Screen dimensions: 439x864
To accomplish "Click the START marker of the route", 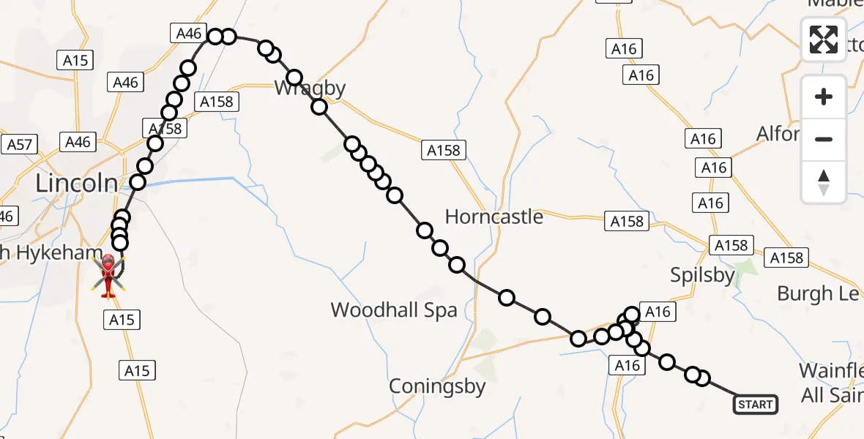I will tap(755, 404).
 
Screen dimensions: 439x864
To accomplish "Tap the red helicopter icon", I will tap(108, 275).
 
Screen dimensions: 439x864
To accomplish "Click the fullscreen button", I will tap(824, 39).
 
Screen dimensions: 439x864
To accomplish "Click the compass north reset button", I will tap(824, 182).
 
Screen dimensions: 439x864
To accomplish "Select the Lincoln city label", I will tap(76, 183).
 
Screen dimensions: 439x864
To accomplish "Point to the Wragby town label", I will tap(310, 89).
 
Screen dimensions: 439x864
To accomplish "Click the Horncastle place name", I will tap(494, 217).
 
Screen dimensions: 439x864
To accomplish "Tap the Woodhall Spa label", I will tap(394, 309).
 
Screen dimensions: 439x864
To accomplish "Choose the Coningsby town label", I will tap(437, 386).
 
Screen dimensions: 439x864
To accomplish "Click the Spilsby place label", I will tap(703, 275).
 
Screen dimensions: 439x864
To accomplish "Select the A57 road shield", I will tap(20, 144).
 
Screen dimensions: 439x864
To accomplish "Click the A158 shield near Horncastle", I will tap(625, 222).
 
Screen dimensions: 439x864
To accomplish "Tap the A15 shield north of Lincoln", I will tap(75, 61).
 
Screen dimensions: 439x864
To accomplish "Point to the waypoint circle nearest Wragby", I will tap(294, 78).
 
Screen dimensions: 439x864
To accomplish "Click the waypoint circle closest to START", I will tap(701, 378).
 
